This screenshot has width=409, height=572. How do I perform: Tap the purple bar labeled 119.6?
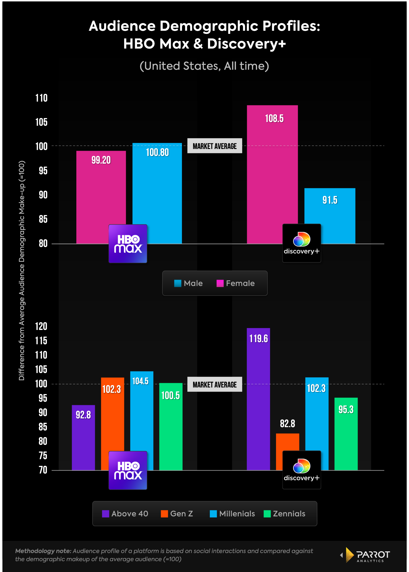click(258, 397)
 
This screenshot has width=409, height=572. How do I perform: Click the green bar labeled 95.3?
click(346, 434)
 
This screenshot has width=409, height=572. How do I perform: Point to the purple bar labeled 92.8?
click(83, 437)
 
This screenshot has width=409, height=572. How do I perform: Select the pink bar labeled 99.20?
click(101, 191)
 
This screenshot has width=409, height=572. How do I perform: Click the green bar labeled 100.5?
click(171, 426)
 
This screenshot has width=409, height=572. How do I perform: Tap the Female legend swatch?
click(220, 283)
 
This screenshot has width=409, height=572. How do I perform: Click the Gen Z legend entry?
click(177, 514)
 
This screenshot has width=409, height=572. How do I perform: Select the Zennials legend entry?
click(284, 514)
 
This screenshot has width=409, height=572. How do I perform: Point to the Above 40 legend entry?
click(125, 514)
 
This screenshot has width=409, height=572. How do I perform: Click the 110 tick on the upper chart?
click(41, 98)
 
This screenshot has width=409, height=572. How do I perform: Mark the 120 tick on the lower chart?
click(41, 327)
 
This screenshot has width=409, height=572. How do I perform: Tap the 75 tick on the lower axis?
click(43, 456)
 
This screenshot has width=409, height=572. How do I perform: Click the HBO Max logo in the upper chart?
click(128, 244)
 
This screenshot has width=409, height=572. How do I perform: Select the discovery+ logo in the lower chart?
click(302, 470)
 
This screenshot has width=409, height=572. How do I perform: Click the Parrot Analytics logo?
click(366, 555)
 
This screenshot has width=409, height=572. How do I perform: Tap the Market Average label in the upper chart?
click(215, 146)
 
